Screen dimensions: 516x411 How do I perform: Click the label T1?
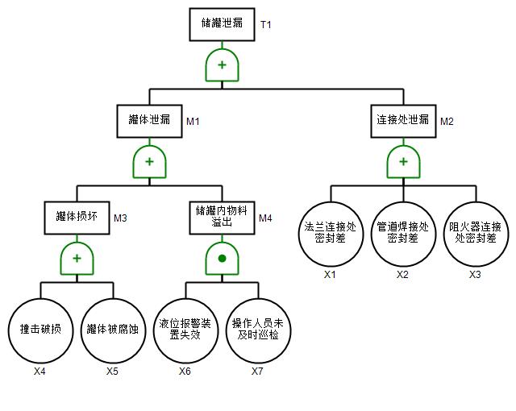[x=266, y=25]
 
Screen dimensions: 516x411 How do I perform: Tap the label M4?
[x=265, y=218]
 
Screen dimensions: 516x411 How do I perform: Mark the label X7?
[x=257, y=372]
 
